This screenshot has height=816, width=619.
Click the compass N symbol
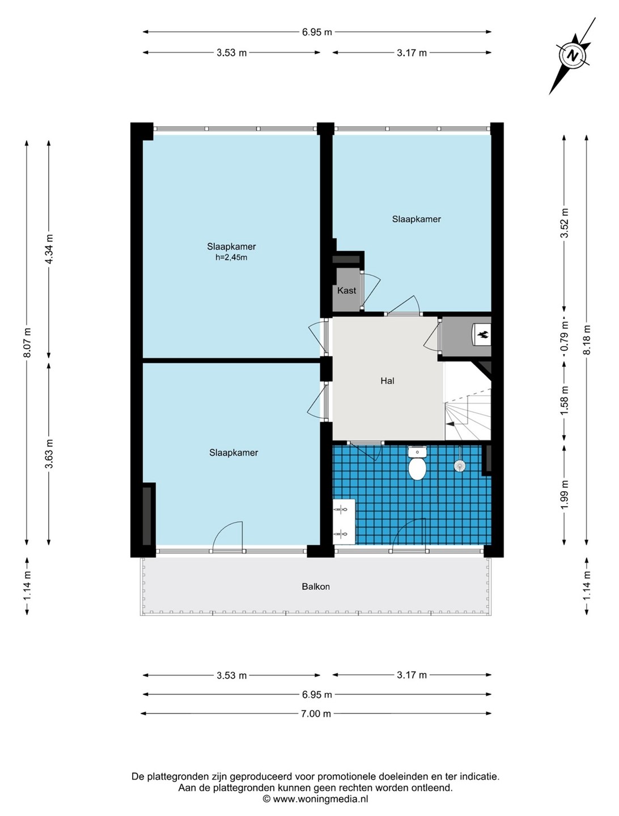573,56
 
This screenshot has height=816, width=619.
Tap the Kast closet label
346,290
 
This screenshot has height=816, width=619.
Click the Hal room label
387,381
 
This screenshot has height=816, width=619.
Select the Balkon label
316,586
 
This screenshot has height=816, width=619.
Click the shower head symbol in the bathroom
460,466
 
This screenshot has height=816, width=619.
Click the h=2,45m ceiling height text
231,257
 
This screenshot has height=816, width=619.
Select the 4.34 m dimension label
49,248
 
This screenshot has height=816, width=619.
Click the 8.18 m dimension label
587,340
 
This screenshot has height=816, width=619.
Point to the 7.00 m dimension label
316,713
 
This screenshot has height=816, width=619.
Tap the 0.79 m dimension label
565,335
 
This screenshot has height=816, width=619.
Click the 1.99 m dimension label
565,495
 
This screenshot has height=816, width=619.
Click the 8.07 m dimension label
27,342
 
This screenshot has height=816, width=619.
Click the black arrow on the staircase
451,423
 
